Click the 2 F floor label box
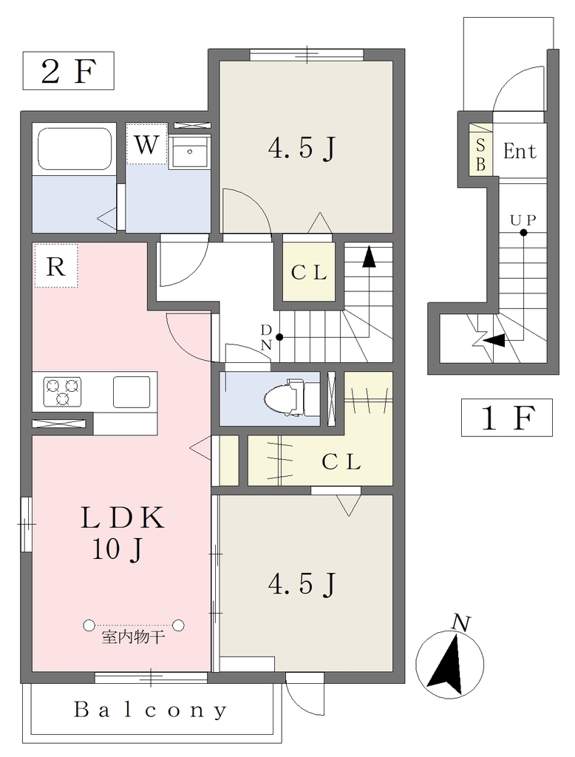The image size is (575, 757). click(x=69, y=70)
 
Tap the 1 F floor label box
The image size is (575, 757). click(x=506, y=418)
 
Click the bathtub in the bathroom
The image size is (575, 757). click(x=75, y=148)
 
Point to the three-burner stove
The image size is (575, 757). click(x=62, y=392)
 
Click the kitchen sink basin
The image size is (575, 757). click(x=132, y=392)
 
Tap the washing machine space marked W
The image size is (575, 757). click(x=146, y=144)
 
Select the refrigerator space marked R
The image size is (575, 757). click(x=56, y=265)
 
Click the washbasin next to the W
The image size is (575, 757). click(x=189, y=152)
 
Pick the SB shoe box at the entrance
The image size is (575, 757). click(x=480, y=150)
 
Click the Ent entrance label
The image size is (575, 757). click(x=520, y=151)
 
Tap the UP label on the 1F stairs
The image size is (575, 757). click(x=523, y=220)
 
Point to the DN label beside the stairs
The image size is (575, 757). click(x=267, y=337)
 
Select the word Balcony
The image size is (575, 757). click(x=150, y=710)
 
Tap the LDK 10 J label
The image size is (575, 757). click(x=122, y=532)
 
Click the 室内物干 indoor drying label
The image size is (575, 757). click(x=133, y=637)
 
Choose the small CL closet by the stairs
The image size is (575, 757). click(x=308, y=272)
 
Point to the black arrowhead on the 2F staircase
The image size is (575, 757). click(x=369, y=257)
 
